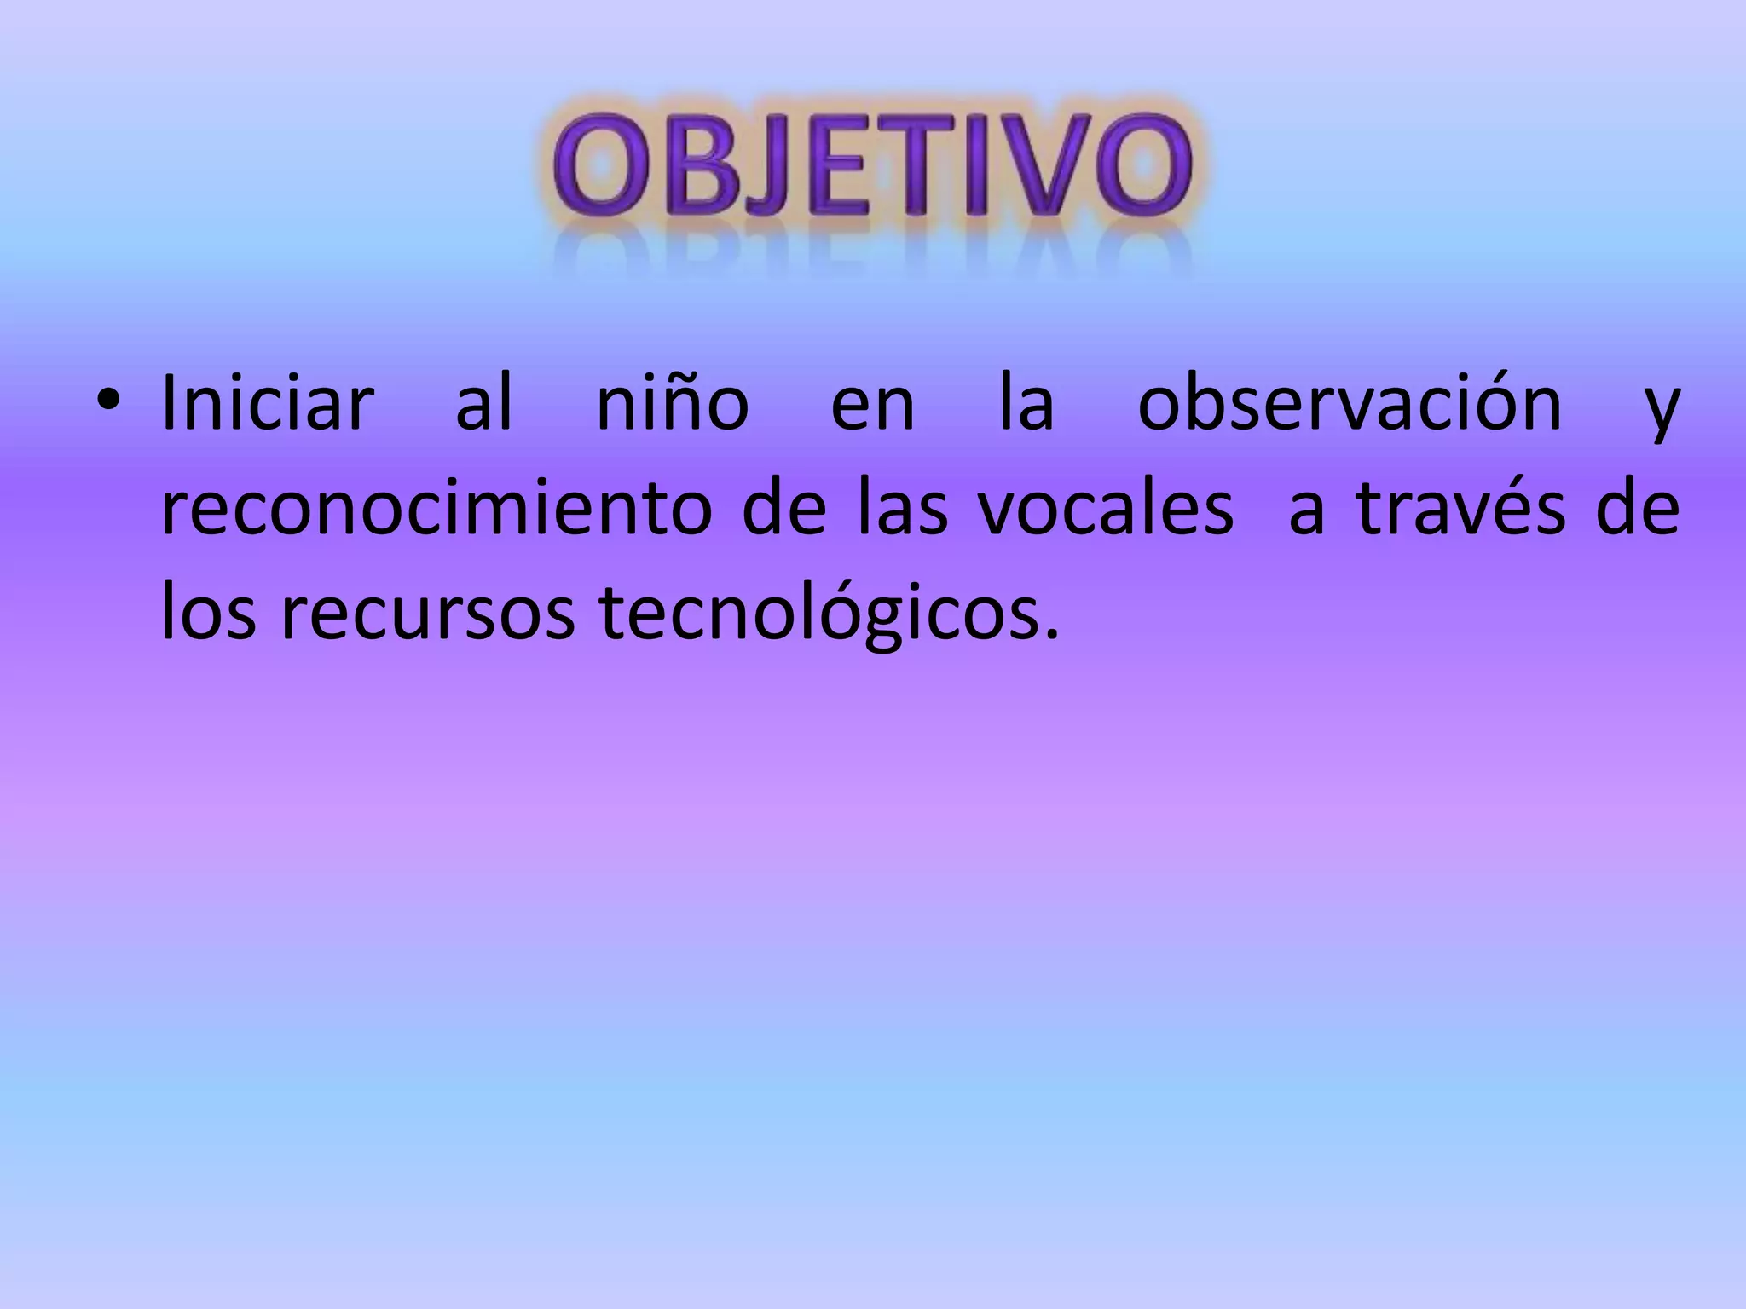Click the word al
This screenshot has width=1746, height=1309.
coord(484,404)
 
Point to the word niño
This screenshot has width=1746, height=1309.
coord(672,404)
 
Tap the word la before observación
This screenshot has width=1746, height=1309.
coord(1026,404)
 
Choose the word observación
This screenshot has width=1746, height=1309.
coord(1350,404)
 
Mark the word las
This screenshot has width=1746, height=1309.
coord(902,510)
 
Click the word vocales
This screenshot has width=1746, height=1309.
coord(1105,510)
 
